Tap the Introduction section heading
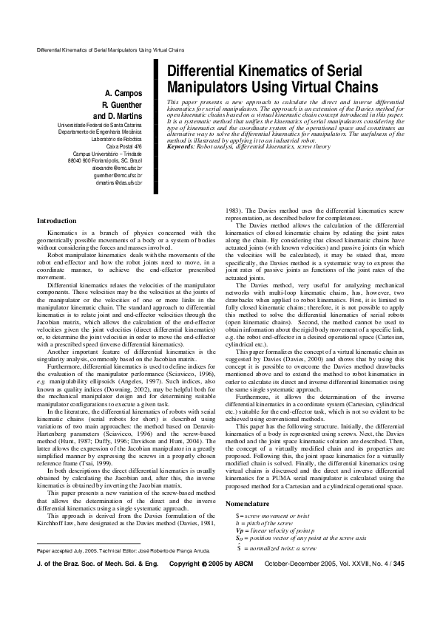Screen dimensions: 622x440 [57, 221]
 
